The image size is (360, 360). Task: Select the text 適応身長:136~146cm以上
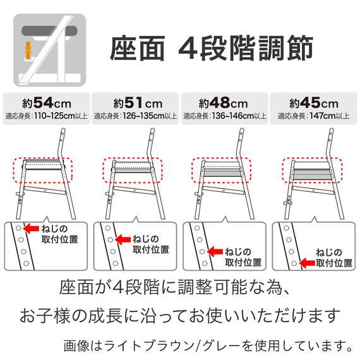click(224, 117)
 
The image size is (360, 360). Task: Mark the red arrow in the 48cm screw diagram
click(213, 251)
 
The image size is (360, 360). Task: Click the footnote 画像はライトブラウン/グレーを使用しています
click(208, 345)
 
